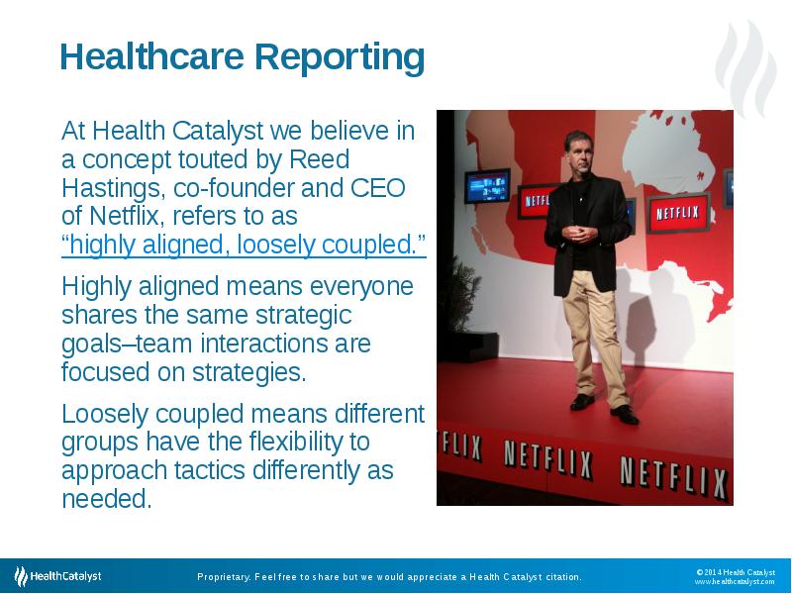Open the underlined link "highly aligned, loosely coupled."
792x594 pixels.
[x=244, y=246]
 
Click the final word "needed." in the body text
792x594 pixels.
[x=107, y=499]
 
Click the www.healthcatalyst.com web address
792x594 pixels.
[x=734, y=582]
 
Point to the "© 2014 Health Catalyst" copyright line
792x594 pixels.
[x=735, y=571]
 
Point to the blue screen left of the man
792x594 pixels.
[x=487, y=185]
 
